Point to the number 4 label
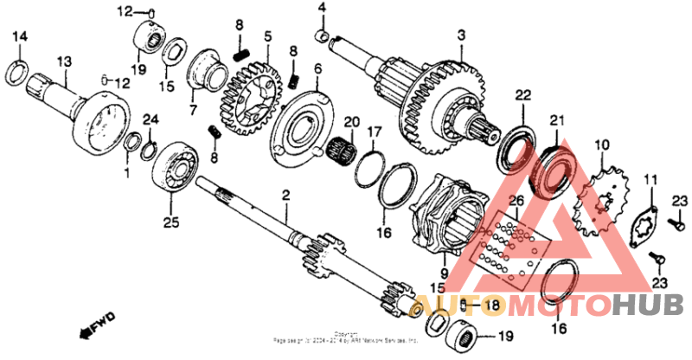click(x=322, y=8)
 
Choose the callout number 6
click(x=317, y=68)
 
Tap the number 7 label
click(x=192, y=110)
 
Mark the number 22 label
click(x=522, y=94)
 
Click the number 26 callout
click(x=516, y=202)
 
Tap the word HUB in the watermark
click(x=649, y=305)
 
